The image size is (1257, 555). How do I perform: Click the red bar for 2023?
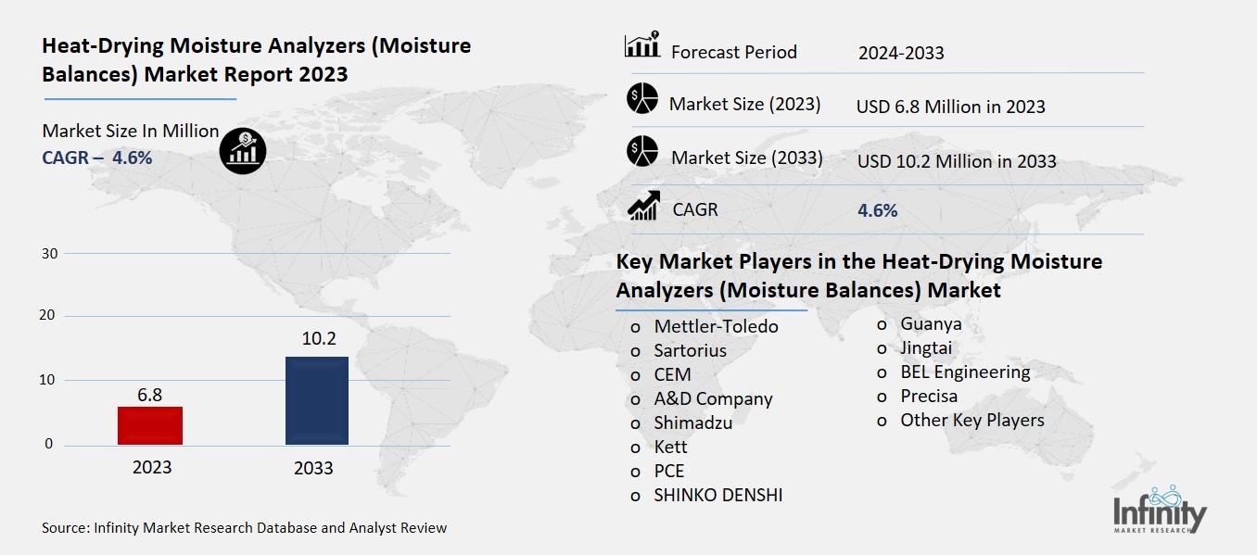click(150, 425)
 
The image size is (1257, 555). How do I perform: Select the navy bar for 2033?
click(316, 400)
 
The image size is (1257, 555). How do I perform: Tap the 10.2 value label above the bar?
click(318, 339)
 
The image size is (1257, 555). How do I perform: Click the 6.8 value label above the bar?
click(150, 395)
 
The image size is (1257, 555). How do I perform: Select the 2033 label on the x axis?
click(313, 468)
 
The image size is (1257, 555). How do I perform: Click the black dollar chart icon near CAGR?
click(243, 150)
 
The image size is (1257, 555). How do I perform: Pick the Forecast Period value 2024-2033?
click(900, 53)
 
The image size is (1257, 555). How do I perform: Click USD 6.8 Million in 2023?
click(950, 107)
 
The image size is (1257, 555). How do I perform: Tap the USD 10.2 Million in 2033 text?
click(956, 161)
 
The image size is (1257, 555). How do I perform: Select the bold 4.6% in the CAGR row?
click(877, 210)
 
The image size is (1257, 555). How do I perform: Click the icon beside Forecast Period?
click(642, 45)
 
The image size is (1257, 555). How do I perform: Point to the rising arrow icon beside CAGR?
click(642, 206)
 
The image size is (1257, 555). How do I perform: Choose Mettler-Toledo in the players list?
click(716, 326)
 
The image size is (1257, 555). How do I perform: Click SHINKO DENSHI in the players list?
click(717, 495)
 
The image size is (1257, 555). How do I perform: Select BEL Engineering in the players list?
click(964, 372)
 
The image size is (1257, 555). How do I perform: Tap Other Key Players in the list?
click(971, 420)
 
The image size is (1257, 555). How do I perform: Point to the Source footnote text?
click(245, 528)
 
